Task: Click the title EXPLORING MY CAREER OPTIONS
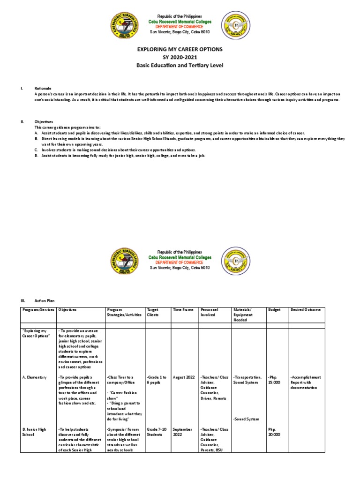click(180, 49)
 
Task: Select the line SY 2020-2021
click(180, 57)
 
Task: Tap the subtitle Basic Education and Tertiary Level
click(180, 65)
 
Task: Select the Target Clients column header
click(153, 313)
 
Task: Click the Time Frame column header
click(183, 310)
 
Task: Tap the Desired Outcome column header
click(306, 310)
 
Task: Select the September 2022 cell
click(182, 431)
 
